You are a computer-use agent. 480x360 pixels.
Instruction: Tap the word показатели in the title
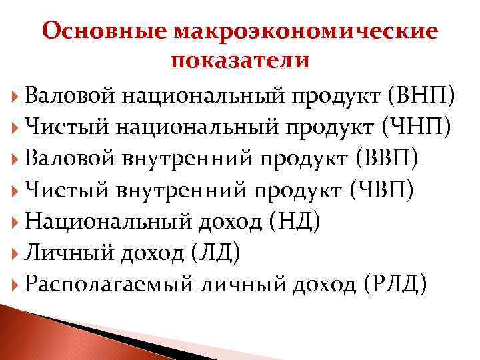[240, 61]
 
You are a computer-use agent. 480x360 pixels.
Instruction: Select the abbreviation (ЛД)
[216, 253]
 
